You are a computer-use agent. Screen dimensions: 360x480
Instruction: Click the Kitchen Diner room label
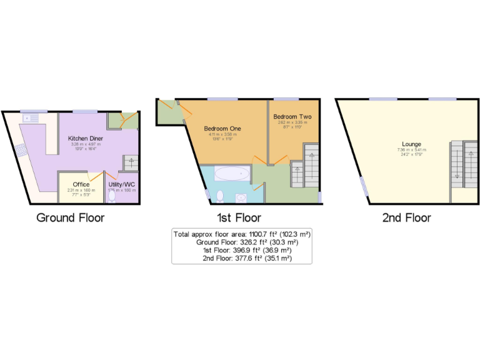tap(86, 138)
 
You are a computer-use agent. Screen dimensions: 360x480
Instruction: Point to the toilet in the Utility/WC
tap(112, 196)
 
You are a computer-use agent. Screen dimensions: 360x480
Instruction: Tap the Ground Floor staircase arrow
tap(131, 161)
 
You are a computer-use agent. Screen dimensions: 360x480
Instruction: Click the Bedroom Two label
tap(292, 117)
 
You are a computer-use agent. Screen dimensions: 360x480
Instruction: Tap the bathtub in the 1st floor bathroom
tap(231, 173)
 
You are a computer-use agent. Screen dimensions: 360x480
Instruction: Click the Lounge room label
tap(411, 144)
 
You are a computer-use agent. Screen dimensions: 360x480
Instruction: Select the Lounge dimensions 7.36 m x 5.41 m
tap(411, 150)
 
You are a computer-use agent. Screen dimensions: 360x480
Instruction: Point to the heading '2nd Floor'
tap(406, 218)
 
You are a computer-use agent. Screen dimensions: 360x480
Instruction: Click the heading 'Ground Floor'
tap(70, 218)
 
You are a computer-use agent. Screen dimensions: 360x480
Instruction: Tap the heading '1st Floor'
tap(240, 218)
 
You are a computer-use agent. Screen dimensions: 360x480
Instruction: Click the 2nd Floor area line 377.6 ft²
tap(247, 258)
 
